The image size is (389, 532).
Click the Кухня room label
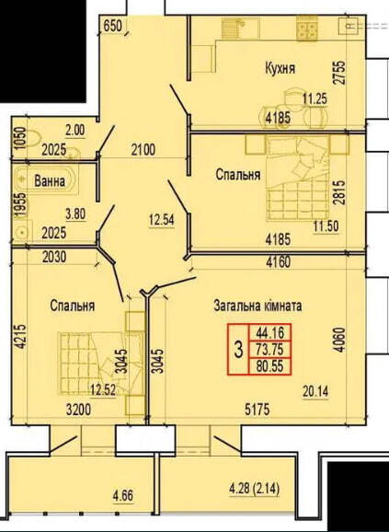280,68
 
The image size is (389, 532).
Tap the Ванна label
50,180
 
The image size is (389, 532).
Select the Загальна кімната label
257,306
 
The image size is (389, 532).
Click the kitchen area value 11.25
315,99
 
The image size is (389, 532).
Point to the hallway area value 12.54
161,220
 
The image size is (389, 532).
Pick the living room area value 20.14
315,392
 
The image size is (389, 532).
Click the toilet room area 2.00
75,131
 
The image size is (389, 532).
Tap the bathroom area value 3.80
76,214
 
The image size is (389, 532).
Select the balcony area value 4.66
123,496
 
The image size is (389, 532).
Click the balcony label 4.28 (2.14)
254,490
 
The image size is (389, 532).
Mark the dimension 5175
257,410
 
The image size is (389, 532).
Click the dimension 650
112,26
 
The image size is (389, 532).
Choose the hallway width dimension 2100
143,149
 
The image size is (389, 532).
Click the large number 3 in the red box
239,350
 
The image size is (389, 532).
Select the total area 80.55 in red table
269,366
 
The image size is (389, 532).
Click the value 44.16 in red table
269,332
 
